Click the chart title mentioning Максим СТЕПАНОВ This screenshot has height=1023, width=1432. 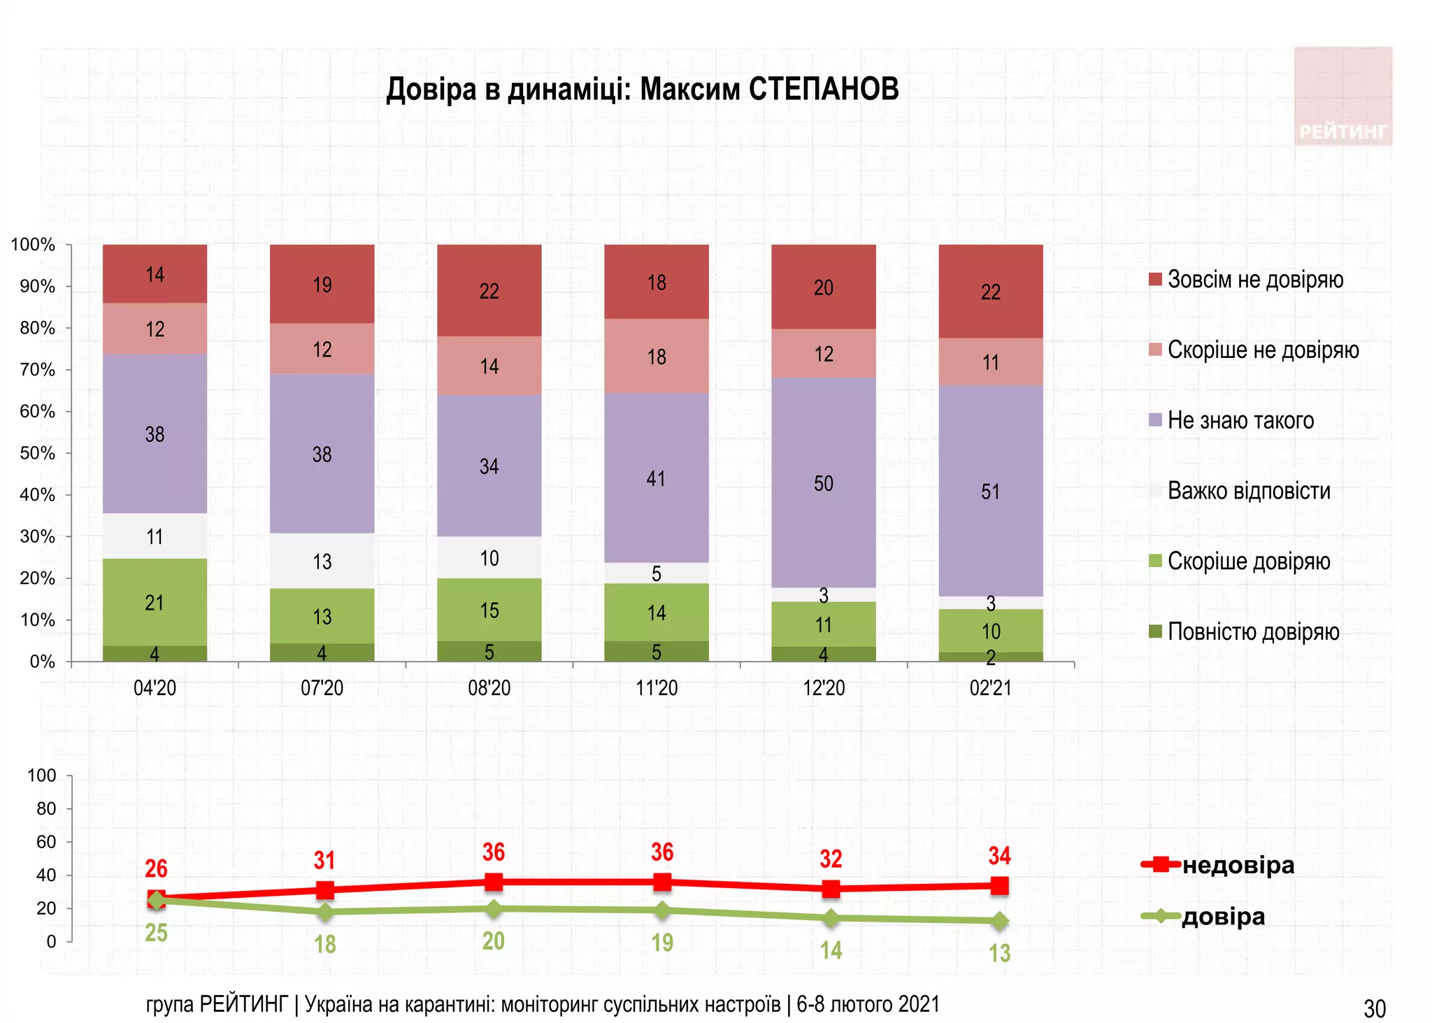point(642,90)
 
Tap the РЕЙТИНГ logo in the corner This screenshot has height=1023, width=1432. point(1342,96)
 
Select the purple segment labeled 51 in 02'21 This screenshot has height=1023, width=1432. point(990,491)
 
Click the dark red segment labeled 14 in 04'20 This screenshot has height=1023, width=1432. point(155,274)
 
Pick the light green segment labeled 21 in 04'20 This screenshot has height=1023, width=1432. point(155,602)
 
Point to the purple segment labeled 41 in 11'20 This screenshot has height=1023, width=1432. point(656,478)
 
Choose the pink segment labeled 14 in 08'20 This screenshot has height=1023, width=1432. point(489,366)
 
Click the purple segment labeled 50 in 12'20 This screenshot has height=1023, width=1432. point(823,483)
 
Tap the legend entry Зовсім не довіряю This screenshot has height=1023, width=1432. point(1254,280)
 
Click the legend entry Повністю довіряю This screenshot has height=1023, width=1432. point(1252,631)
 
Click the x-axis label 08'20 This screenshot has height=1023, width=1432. point(489,688)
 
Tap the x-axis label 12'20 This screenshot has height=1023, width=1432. point(823,688)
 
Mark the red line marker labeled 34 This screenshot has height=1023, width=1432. point(999,886)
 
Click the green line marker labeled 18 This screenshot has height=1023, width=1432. point(324,912)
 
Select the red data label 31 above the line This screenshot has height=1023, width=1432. point(324,860)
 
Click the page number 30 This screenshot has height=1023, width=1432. point(1374,1008)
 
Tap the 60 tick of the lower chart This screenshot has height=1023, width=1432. point(46,842)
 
